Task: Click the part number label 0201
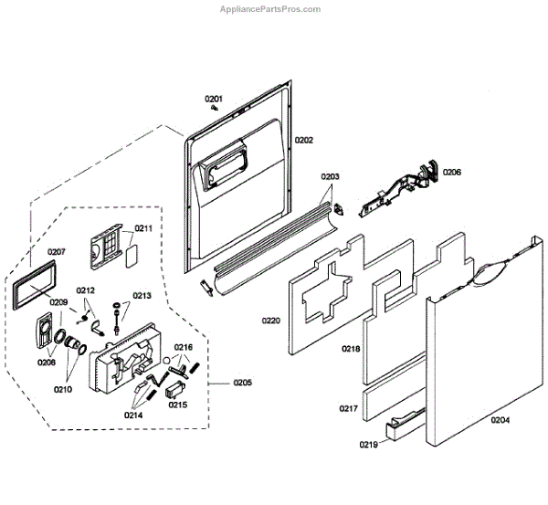point(213,99)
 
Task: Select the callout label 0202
point(303,140)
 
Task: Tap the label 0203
point(330,176)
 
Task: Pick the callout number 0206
point(452,172)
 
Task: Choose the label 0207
point(57,252)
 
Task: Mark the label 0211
point(144,228)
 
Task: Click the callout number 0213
point(142,295)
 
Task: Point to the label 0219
point(367,446)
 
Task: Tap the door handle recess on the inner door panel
point(223,163)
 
